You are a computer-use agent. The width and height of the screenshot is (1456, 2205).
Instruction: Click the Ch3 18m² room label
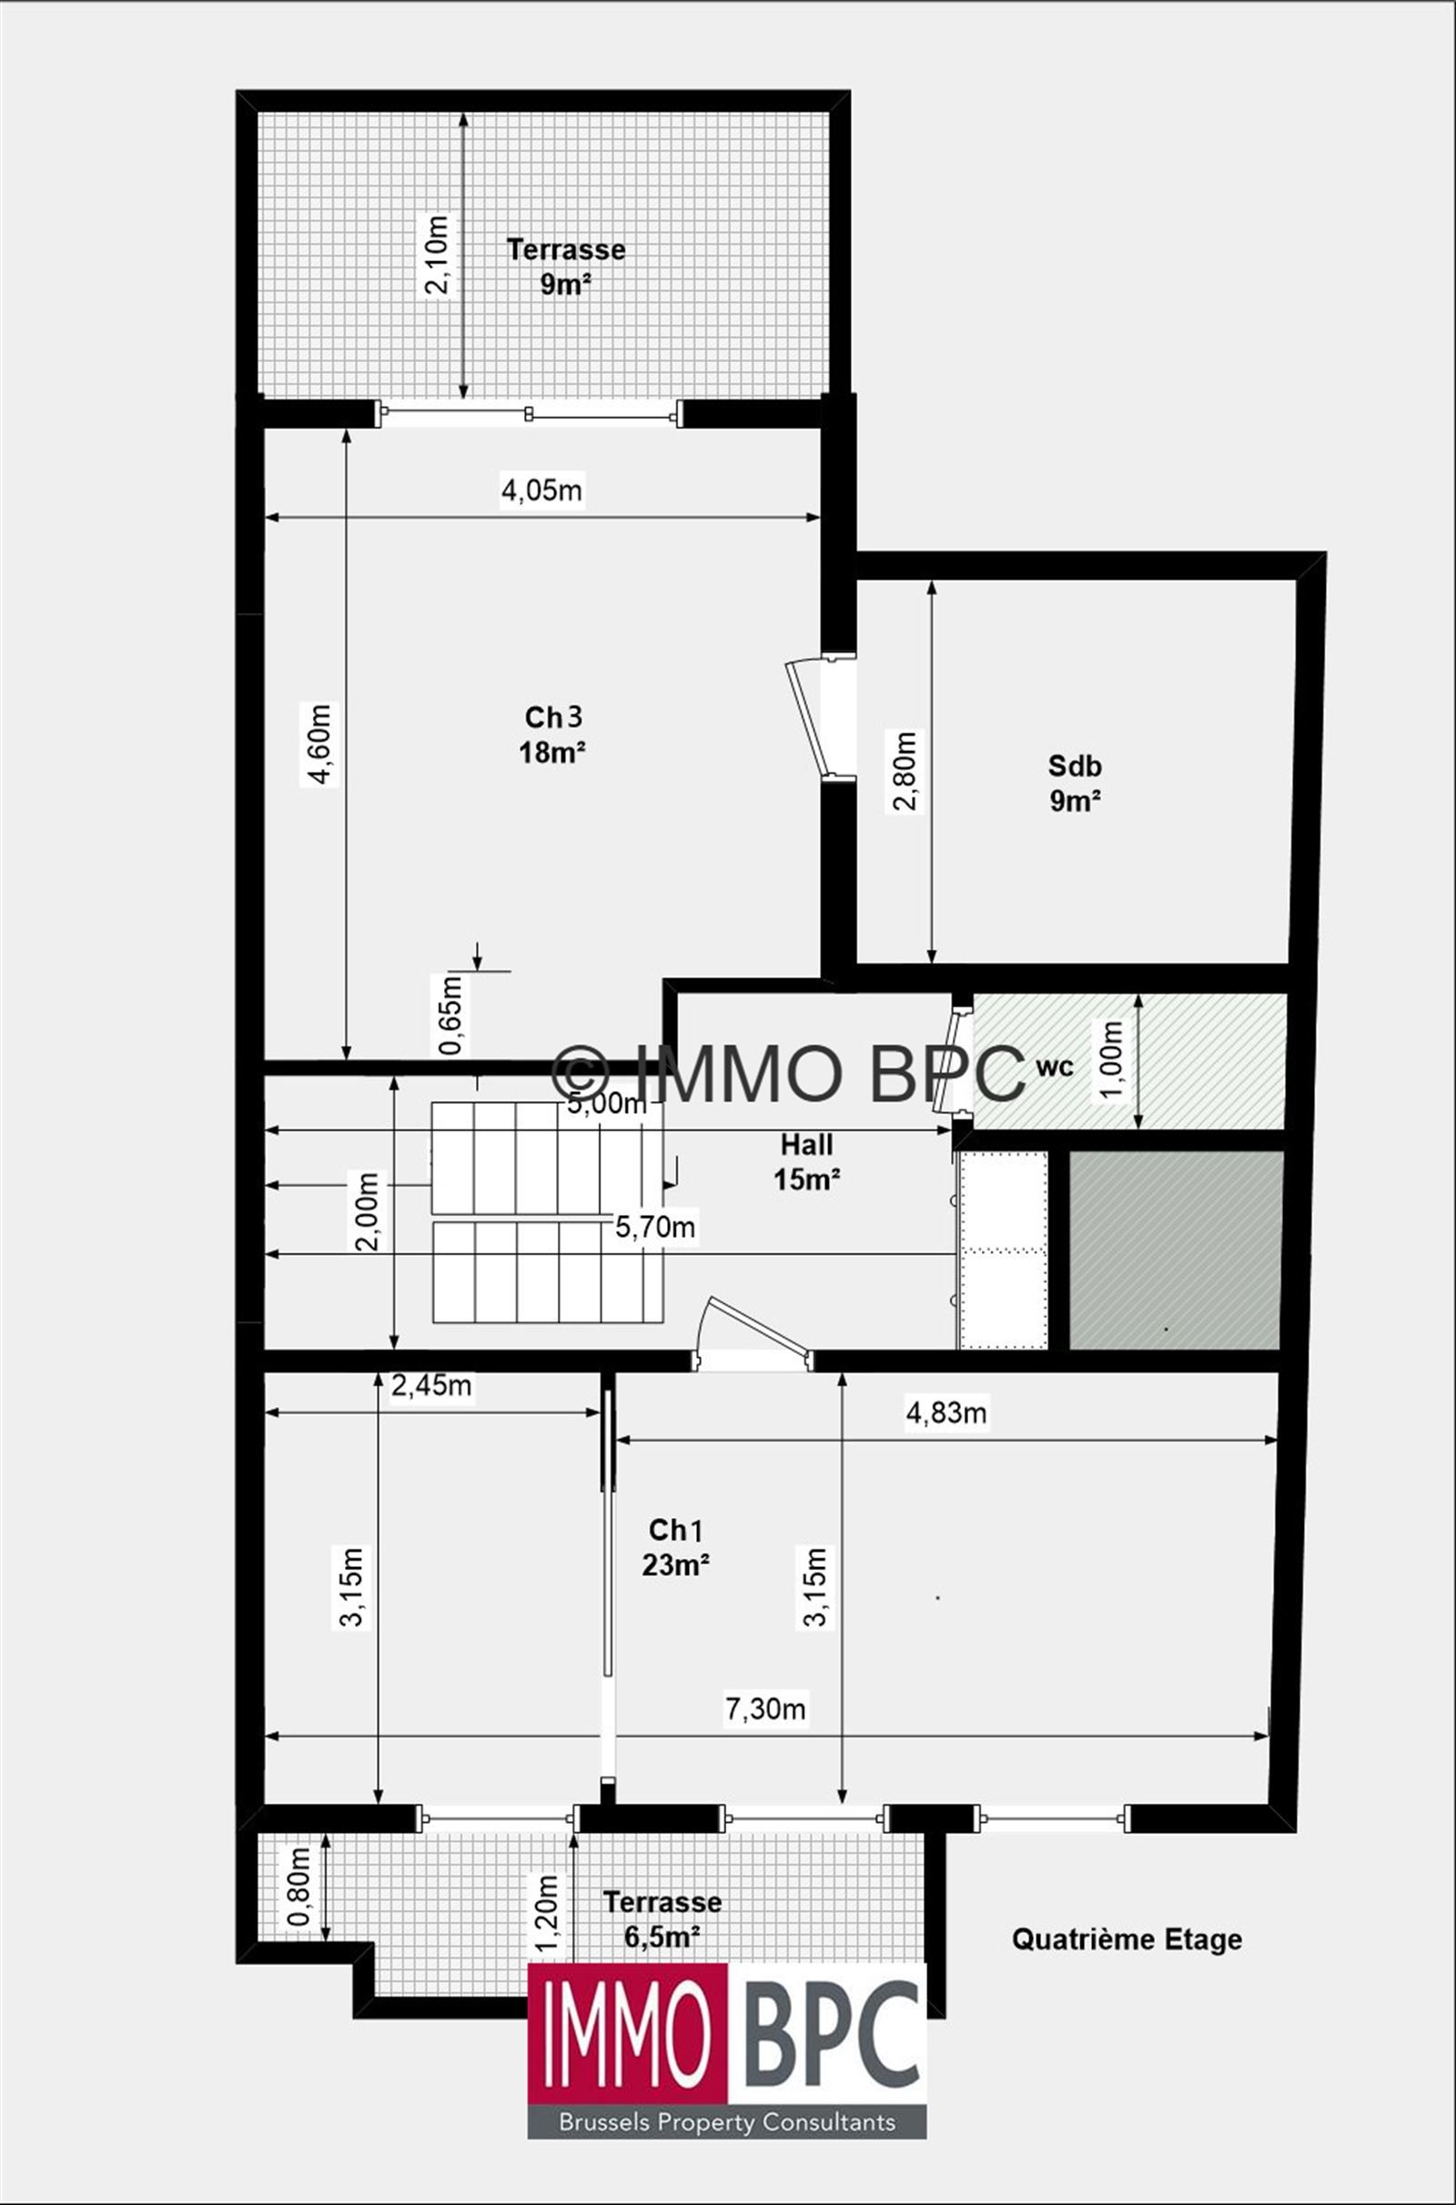pos(552,734)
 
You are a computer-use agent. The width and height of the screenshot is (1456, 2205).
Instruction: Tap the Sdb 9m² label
pos(1075,783)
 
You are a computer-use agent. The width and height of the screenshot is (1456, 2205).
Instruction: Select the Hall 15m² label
pos(806,1161)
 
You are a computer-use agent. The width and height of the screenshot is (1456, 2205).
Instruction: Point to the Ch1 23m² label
pos(676,1547)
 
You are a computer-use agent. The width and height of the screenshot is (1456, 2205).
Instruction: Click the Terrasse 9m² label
pos(565,267)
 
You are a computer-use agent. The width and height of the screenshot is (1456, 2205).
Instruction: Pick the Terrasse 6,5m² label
pos(662,1919)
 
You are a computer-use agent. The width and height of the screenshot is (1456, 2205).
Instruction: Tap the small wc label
pos(1054,1067)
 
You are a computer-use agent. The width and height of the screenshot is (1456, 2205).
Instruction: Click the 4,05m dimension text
pos(541,490)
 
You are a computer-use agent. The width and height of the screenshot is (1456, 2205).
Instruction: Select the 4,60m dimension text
pos(318,744)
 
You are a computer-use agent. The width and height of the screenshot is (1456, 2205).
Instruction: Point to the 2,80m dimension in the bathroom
pos(905,771)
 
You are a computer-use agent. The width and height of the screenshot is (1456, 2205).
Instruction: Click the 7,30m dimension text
pos(765,1708)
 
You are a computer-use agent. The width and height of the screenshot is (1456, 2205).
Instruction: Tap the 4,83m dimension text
pos(945,1412)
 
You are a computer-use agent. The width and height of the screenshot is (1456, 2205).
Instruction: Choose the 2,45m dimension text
pos(430,1385)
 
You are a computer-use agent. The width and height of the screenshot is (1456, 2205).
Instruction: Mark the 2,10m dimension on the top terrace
pos(436,255)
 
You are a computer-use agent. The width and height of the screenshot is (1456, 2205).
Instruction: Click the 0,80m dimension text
pos(298,1886)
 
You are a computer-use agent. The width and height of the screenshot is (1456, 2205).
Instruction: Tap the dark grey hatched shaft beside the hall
pos(1176,1249)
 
